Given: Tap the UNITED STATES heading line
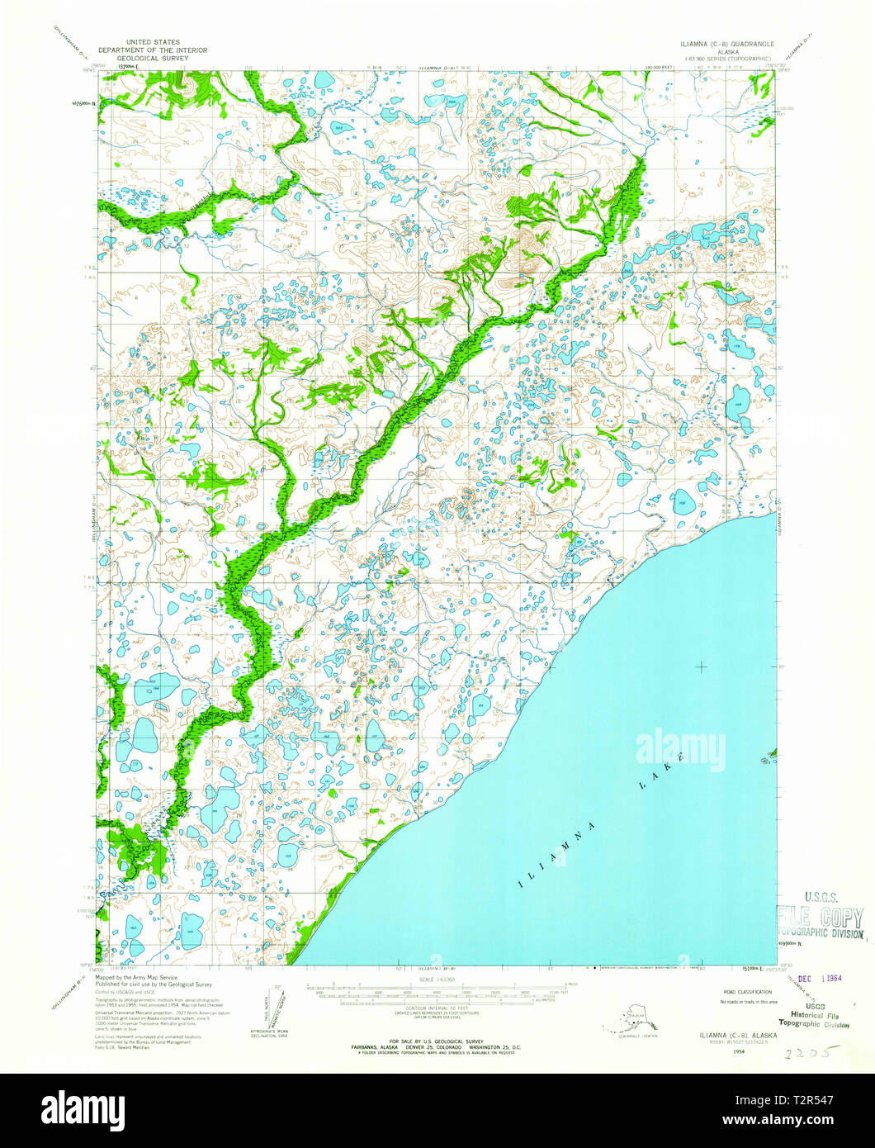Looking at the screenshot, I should tap(152, 41).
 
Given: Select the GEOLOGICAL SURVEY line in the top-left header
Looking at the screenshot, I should tap(152, 59).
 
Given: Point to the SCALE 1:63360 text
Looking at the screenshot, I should tap(437, 980).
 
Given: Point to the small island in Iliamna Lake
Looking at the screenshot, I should tap(771, 753).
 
